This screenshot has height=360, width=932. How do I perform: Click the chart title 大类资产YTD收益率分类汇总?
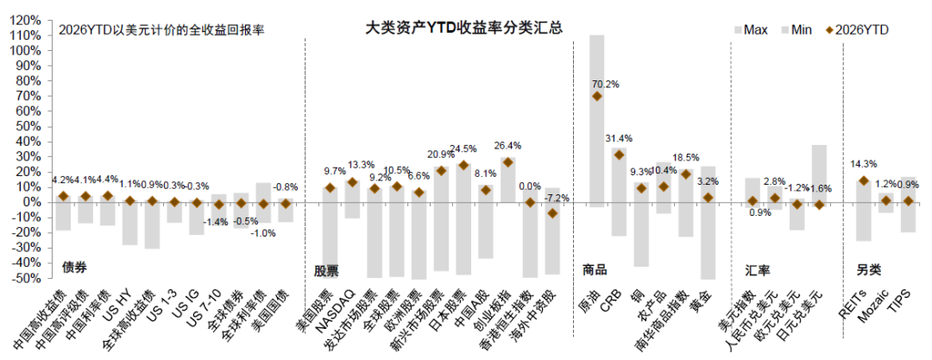tap(463, 28)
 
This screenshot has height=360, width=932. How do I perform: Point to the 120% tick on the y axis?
tap(26, 20)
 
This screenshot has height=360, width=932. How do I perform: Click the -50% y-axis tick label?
tap(26, 278)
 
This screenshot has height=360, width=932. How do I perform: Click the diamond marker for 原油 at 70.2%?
tap(597, 97)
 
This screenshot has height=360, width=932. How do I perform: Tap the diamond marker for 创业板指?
tap(507, 161)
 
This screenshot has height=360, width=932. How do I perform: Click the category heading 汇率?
tap(758, 270)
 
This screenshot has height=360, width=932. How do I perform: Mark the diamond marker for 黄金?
tap(708, 198)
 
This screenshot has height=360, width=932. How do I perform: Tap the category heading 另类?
tap(869, 270)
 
